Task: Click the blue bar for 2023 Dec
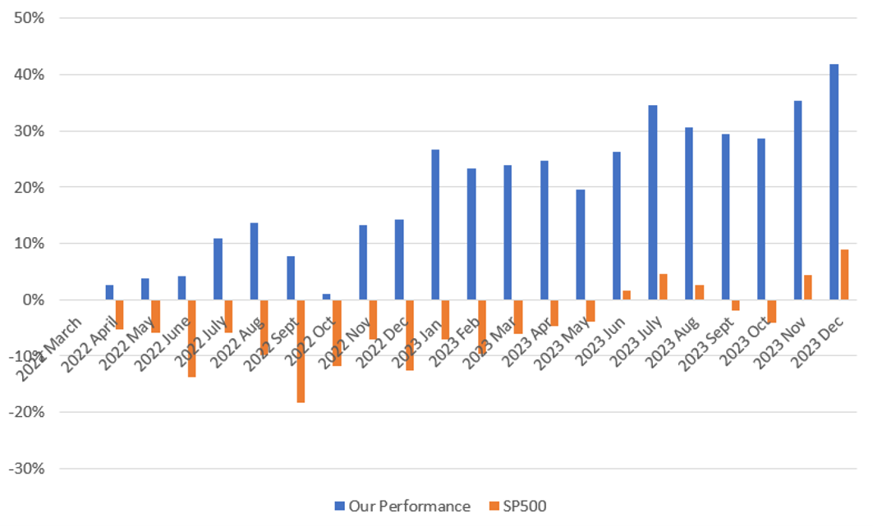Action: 834,181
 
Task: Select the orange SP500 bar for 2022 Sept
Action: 301,351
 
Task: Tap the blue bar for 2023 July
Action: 653,202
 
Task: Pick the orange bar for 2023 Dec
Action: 844,275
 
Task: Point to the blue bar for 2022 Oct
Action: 327,297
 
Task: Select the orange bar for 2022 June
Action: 192,338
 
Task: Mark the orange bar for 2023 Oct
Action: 772,311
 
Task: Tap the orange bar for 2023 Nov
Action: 808,287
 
